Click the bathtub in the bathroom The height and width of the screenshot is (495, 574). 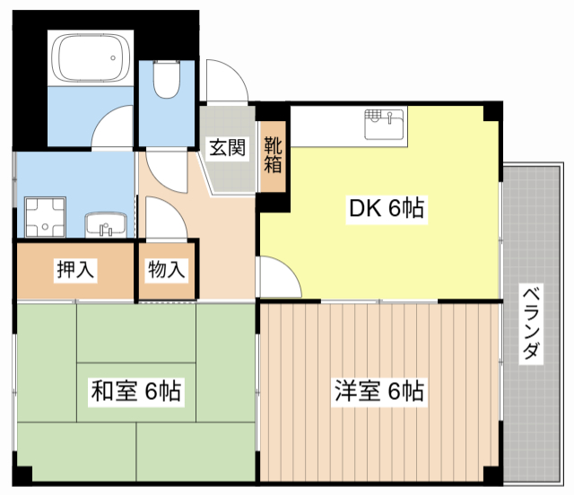(x=91, y=57)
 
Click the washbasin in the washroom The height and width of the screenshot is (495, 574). (x=108, y=222)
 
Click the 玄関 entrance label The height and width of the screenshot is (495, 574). (x=228, y=148)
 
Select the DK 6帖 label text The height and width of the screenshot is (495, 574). (x=386, y=209)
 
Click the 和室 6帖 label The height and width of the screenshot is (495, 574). (x=136, y=391)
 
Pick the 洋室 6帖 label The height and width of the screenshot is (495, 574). (x=379, y=391)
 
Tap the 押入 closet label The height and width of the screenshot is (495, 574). (x=75, y=269)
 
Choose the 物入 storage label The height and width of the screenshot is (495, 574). (x=166, y=269)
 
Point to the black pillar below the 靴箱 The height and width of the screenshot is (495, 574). (x=274, y=204)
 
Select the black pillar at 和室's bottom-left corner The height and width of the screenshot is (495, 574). (x=25, y=472)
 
